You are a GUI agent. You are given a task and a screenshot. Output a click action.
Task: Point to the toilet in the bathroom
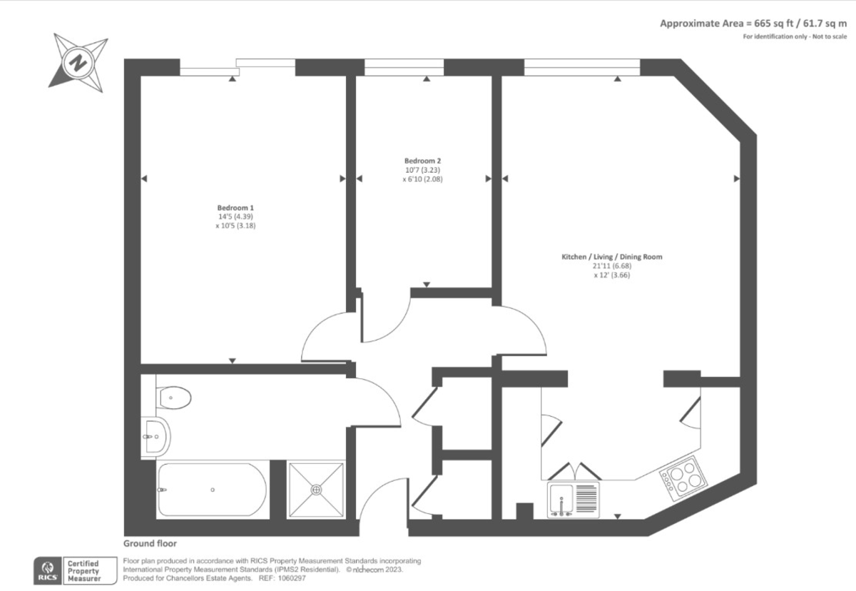pyautogui.click(x=174, y=398)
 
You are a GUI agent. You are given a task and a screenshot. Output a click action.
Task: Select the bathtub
pyautogui.click(x=212, y=490)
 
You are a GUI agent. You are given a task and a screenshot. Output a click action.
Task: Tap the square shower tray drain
pyautogui.click(x=316, y=490)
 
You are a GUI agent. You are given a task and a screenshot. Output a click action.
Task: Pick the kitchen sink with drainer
pyautogui.click(x=574, y=500)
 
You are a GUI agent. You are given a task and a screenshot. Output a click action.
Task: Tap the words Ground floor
pyautogui.click(x=150, y=543)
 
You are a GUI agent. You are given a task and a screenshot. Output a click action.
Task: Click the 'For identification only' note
pyautogui.click(x=795, y=36)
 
